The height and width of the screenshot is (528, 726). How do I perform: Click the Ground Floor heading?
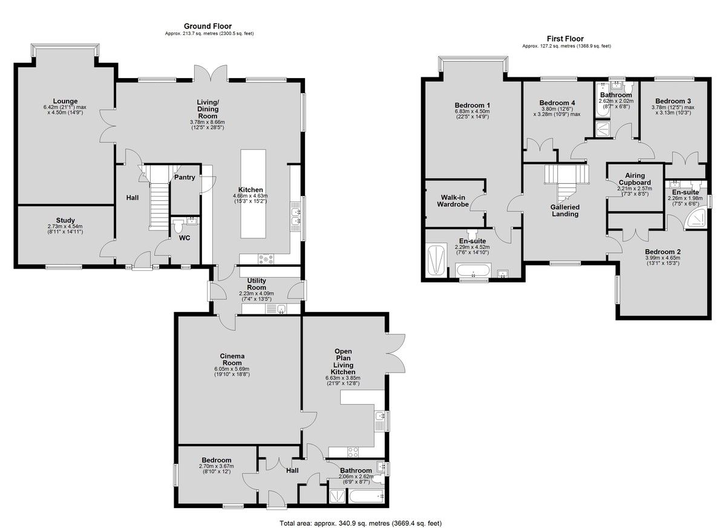[x=208, y=26]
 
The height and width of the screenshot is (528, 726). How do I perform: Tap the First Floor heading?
[x=565, y=39]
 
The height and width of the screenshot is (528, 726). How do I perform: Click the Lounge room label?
[x=65, y=101]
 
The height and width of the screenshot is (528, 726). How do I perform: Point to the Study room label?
[x=65, y=220]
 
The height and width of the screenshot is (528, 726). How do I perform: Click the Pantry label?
[x=185, y=177]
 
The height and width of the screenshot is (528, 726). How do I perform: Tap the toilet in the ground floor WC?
[x=178, y=226]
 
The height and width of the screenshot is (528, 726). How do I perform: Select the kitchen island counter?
[x=253, y=194]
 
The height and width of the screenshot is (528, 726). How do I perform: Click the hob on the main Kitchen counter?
[x=266, y=259]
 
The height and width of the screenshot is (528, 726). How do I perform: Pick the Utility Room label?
[x=257, y=284]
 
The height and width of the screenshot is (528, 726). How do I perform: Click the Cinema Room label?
[x=232, y=359]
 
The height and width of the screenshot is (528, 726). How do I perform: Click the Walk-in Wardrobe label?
[x=453, y=201]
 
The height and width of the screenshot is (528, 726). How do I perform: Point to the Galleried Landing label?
[x=565, y=210]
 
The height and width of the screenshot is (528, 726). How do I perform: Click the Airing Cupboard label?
[x=635, y=179]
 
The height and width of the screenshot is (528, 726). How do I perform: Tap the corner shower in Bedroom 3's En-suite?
[x=696, y=220]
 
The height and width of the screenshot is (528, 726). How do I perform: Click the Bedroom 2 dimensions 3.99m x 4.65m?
[x=663, y=258]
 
